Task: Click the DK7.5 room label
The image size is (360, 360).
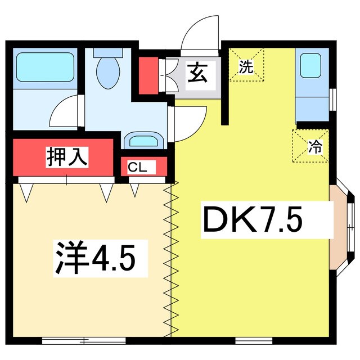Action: click(x=253, y=220)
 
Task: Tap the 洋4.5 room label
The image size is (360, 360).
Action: click(x=94, y=258)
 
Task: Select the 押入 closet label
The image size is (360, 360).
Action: click(x=67, y=156)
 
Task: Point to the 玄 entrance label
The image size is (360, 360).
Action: click(x=196, y=74)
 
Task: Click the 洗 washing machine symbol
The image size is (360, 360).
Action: click(x=245, y=68)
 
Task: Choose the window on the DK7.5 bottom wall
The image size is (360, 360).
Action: click(x=253, y=340)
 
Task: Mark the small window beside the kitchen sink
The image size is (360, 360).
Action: click(x=333, y=99)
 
